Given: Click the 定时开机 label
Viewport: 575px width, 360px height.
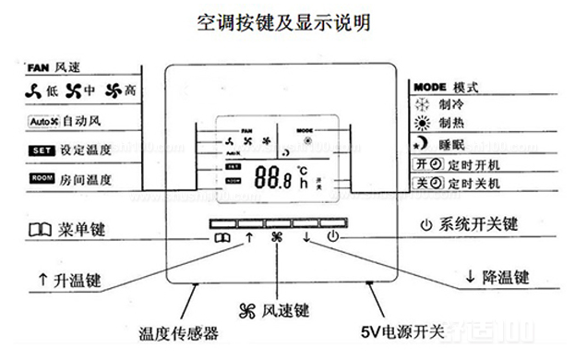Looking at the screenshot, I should point(449,164).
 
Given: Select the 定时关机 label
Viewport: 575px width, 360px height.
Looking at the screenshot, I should point(449,183).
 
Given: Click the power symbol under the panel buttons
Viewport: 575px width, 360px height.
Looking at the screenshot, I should point(333,236).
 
